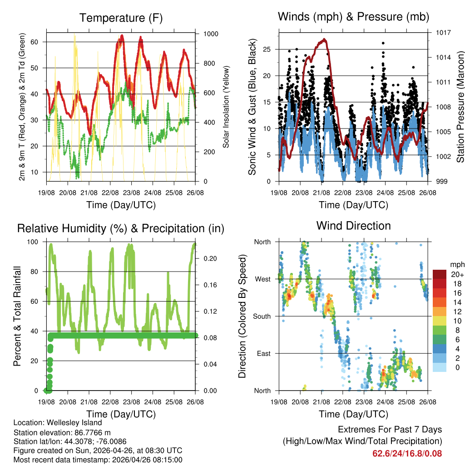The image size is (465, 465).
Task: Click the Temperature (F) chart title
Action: click(121, 18)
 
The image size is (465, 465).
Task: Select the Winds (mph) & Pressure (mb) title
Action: click(353, 17)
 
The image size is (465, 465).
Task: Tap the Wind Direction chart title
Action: click(353, 226)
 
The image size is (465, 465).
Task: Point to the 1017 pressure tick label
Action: click(443, 33)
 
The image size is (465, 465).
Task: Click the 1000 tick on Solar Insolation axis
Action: click(211, 34)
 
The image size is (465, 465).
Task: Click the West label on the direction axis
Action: click(262, 279)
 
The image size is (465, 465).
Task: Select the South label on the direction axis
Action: click(261, 316)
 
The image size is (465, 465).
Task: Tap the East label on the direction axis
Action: click(263, 353)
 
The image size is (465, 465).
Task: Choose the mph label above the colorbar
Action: click(457, 264)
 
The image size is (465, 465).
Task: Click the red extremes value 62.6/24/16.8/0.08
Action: click(407, 453)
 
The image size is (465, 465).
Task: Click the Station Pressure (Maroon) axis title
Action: click(460, 107)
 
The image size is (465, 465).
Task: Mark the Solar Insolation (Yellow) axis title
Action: click(226, 107)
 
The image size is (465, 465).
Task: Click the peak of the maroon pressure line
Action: click(324, 40)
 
